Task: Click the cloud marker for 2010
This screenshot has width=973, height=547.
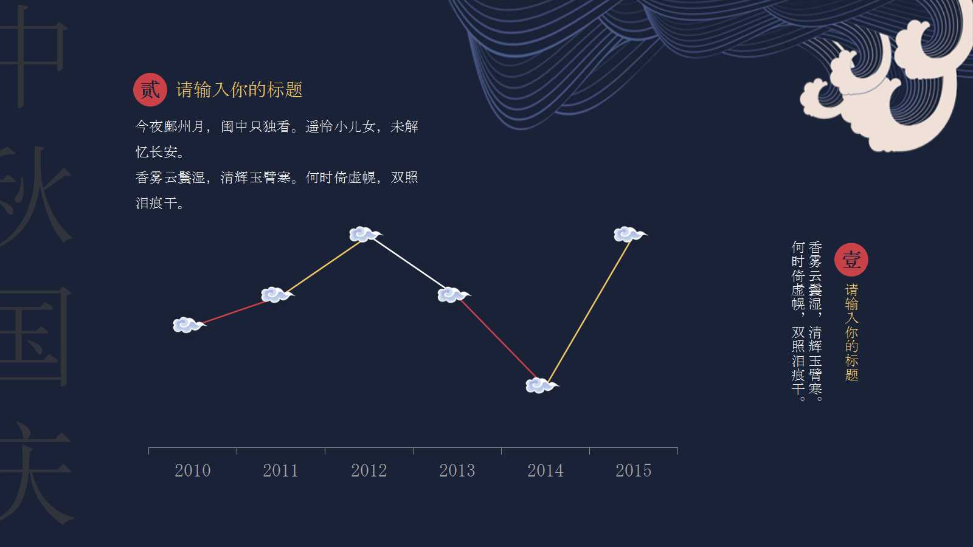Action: click(x=188, y=325)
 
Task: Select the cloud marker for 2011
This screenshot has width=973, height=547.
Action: click(x=276, y=295)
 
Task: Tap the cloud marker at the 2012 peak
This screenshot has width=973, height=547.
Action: click(x=364, y=234)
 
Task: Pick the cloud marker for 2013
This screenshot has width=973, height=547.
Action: click(x=452, y=295)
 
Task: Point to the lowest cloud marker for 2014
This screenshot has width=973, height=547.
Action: click(x=541, y=385)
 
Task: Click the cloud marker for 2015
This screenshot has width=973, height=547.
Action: click(x=629, y=234)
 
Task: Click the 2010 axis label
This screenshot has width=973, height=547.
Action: click(x=192, y=470)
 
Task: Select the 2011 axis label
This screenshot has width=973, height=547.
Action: click(x=280, y=470)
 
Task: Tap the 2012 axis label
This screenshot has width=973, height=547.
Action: click(x=369, y=470)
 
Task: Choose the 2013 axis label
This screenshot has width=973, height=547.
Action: click(x=457, y=470)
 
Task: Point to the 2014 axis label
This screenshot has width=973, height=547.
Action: click(x=545, y=470)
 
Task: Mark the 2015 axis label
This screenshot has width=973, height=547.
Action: click(x=633, y=470)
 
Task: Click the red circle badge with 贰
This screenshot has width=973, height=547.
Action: click(x=150, y=90)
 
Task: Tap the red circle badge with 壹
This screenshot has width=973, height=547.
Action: click(x=851, y=260)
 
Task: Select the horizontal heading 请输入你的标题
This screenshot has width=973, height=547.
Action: click(x=239, y=90)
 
